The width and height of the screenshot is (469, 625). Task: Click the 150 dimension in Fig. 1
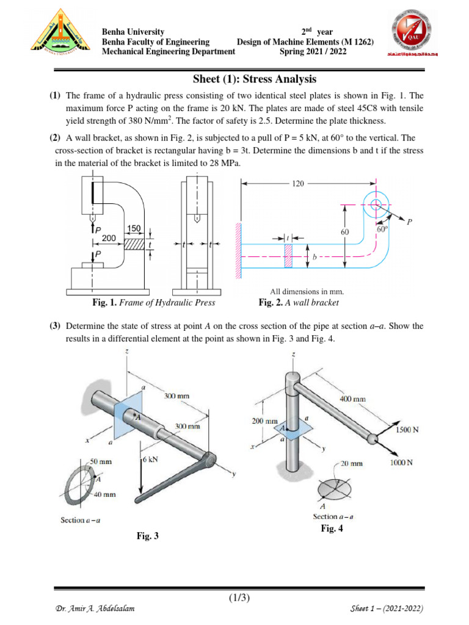134,228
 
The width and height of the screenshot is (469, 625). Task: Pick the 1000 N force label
401,463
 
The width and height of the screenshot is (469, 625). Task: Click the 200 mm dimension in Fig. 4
264,421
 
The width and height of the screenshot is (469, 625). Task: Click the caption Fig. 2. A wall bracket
298,303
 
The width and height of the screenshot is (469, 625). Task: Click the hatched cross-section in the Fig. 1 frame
135,244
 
